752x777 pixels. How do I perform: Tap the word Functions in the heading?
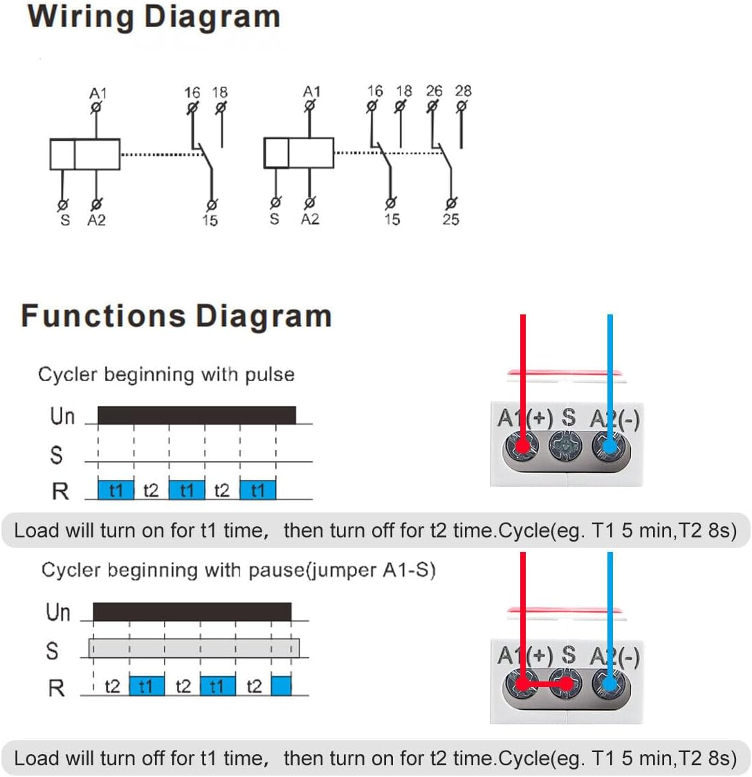(x=103, y=316)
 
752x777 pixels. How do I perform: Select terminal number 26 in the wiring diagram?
(x=434, y=91)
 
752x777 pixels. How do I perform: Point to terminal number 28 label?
(x=463, y=91)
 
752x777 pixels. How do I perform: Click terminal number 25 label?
(x=451, y=220)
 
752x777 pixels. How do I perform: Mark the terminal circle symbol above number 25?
(x=451, y=204)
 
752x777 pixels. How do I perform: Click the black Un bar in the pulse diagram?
(x=196, y=415)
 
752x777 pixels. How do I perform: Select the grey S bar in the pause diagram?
(x=194, y=648)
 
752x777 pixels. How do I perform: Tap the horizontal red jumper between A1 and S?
(x=546, y=684)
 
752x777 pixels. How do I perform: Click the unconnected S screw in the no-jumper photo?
(x=567, y=445)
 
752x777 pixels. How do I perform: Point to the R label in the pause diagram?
(x=56, y=688)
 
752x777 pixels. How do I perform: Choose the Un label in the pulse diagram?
(x=62, y=416)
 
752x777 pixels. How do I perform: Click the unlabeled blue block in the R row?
(x=282, y=686)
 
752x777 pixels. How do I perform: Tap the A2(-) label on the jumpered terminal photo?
(x=614, y=655)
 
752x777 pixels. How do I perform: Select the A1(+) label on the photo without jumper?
(x=523, y=418)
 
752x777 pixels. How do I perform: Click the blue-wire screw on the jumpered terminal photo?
(x=609, y=685)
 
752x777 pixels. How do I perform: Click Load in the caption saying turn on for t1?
(x=37, y=531)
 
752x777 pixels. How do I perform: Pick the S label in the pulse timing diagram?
(x=56, y=455)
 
